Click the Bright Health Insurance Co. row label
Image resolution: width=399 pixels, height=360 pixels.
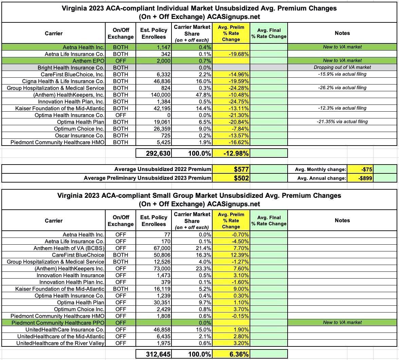pos(71,68)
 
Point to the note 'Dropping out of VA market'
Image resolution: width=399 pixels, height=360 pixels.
pos(342,67)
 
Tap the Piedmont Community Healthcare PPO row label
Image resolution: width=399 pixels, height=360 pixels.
pos(58,323)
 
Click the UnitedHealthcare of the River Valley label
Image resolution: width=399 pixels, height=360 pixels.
pos(65,343)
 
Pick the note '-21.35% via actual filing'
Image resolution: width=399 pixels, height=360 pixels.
pos(342,121)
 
